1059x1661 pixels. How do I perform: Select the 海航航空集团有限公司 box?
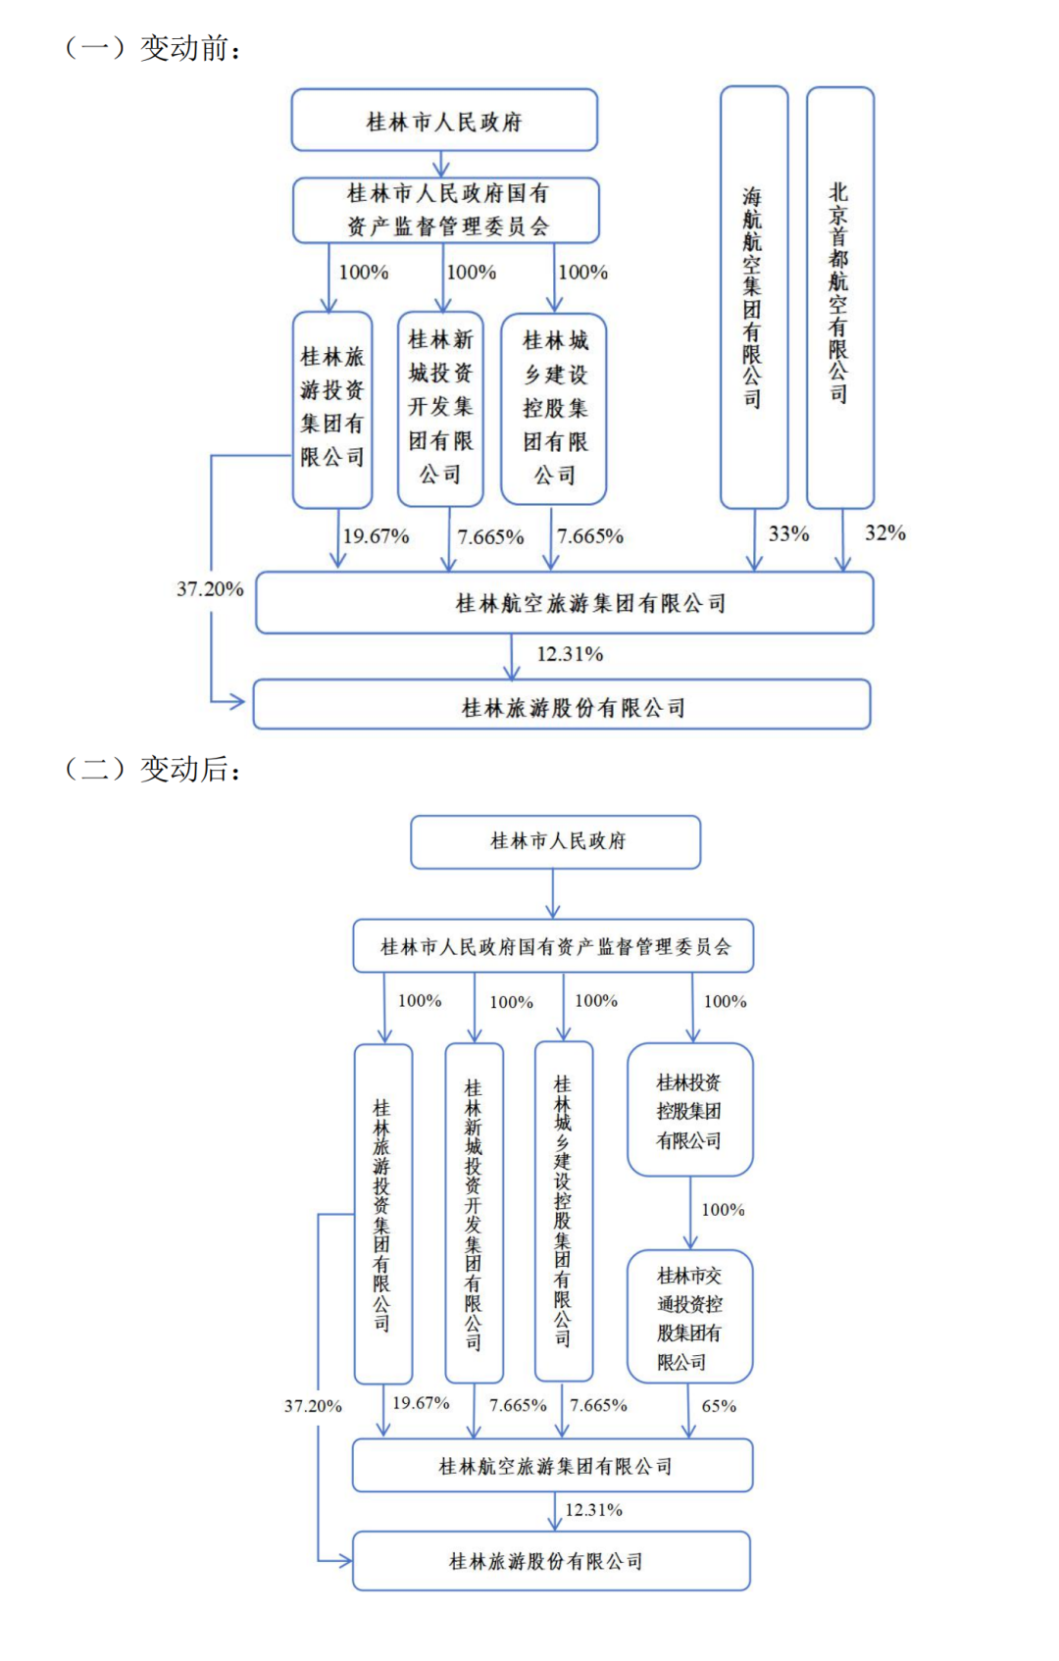click(753, 297)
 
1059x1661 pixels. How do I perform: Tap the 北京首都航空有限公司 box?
click(839, 297)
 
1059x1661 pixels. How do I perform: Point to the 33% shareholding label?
click(788, 534)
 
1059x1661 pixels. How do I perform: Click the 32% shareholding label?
click(884, 533)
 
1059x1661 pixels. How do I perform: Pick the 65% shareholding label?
click(719, 1406)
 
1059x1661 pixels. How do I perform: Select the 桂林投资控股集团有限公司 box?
click(689, 1110)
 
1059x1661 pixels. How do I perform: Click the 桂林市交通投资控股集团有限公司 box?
click(689, 1317)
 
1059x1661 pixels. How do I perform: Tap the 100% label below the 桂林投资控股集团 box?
click(723, 1210)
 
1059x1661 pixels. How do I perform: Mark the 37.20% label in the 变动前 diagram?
click(210, 589)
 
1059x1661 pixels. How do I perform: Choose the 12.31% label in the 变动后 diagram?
click(593, 1510)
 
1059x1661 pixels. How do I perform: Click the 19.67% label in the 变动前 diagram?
click(376, 536)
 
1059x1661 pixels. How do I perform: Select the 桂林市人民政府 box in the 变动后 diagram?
click(556, 841)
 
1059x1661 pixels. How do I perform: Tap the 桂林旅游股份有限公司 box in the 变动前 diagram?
click(562, 705)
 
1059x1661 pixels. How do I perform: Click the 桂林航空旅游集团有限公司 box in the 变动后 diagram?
click(553, 1466)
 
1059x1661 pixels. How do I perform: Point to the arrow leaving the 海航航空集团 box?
click(754, 539)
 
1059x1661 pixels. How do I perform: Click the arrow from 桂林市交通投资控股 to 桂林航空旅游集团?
click(688, 1411)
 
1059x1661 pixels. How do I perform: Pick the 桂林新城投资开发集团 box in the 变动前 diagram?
click(440, 408)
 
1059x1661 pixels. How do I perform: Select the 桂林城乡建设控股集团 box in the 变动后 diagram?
click(563, 1212)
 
